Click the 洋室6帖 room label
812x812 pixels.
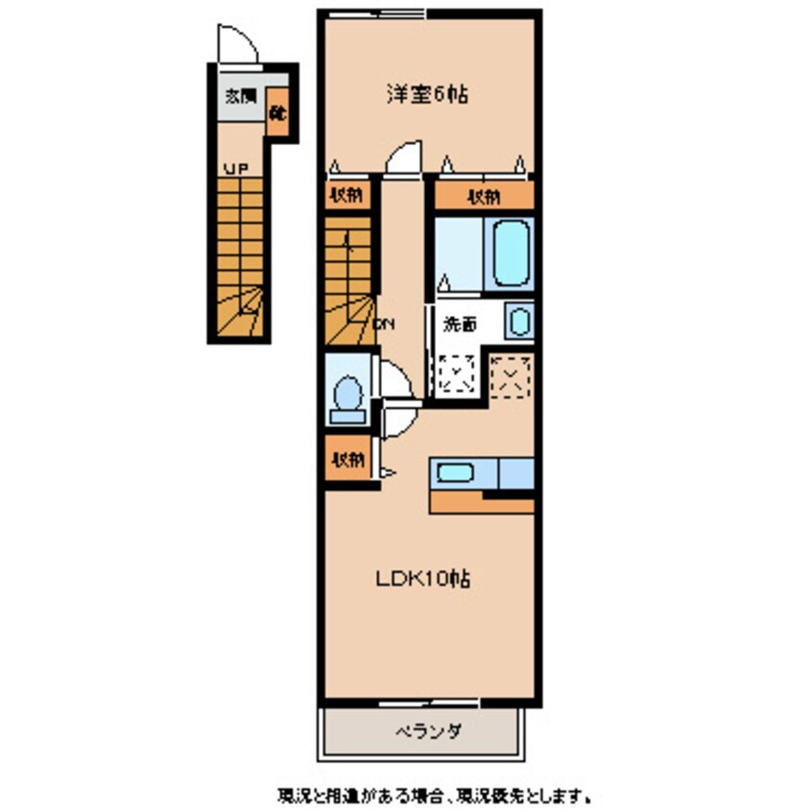(x=426, y=95)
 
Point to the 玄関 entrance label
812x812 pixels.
(x=240, y=96)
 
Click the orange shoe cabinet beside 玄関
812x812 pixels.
(x=277, y=112)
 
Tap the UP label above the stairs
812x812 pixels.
(x=234, y=169)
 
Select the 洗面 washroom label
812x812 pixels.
(x=459, y=324)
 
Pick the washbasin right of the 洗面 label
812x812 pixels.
(x=519, y=322)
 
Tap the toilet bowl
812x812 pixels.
(x=346, y=395)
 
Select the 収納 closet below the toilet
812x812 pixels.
(x=346, y=460)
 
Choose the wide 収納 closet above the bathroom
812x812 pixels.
(x=483, y=197)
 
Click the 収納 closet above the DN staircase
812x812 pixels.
(x=346, y=197)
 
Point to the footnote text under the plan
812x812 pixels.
(x=434, y=795)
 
